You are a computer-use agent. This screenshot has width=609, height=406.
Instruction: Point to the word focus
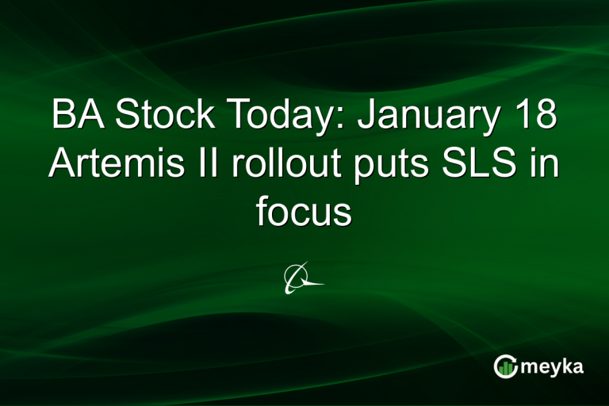tap(304, 212)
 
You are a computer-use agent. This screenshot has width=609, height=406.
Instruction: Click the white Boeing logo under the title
tap(303, 278)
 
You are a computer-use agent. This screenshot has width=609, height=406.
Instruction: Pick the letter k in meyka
tap(569, 366)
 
